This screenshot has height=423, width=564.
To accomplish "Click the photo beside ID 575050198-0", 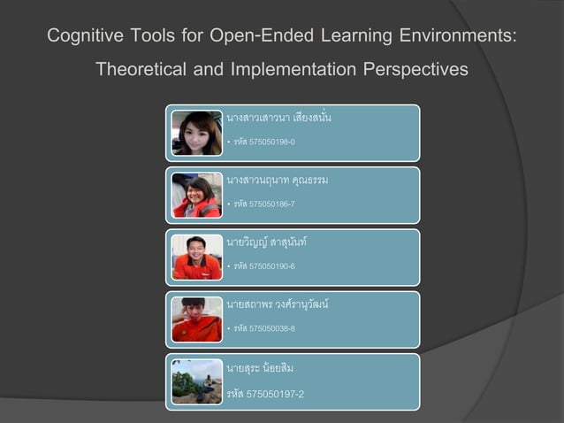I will click(x=196, y=133).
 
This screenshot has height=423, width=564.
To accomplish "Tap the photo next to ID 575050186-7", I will click(x=196, y=196).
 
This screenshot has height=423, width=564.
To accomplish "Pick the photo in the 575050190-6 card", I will click(x=196, y=258).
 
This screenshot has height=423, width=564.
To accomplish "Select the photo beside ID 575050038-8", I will click(x=196, y=319).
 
